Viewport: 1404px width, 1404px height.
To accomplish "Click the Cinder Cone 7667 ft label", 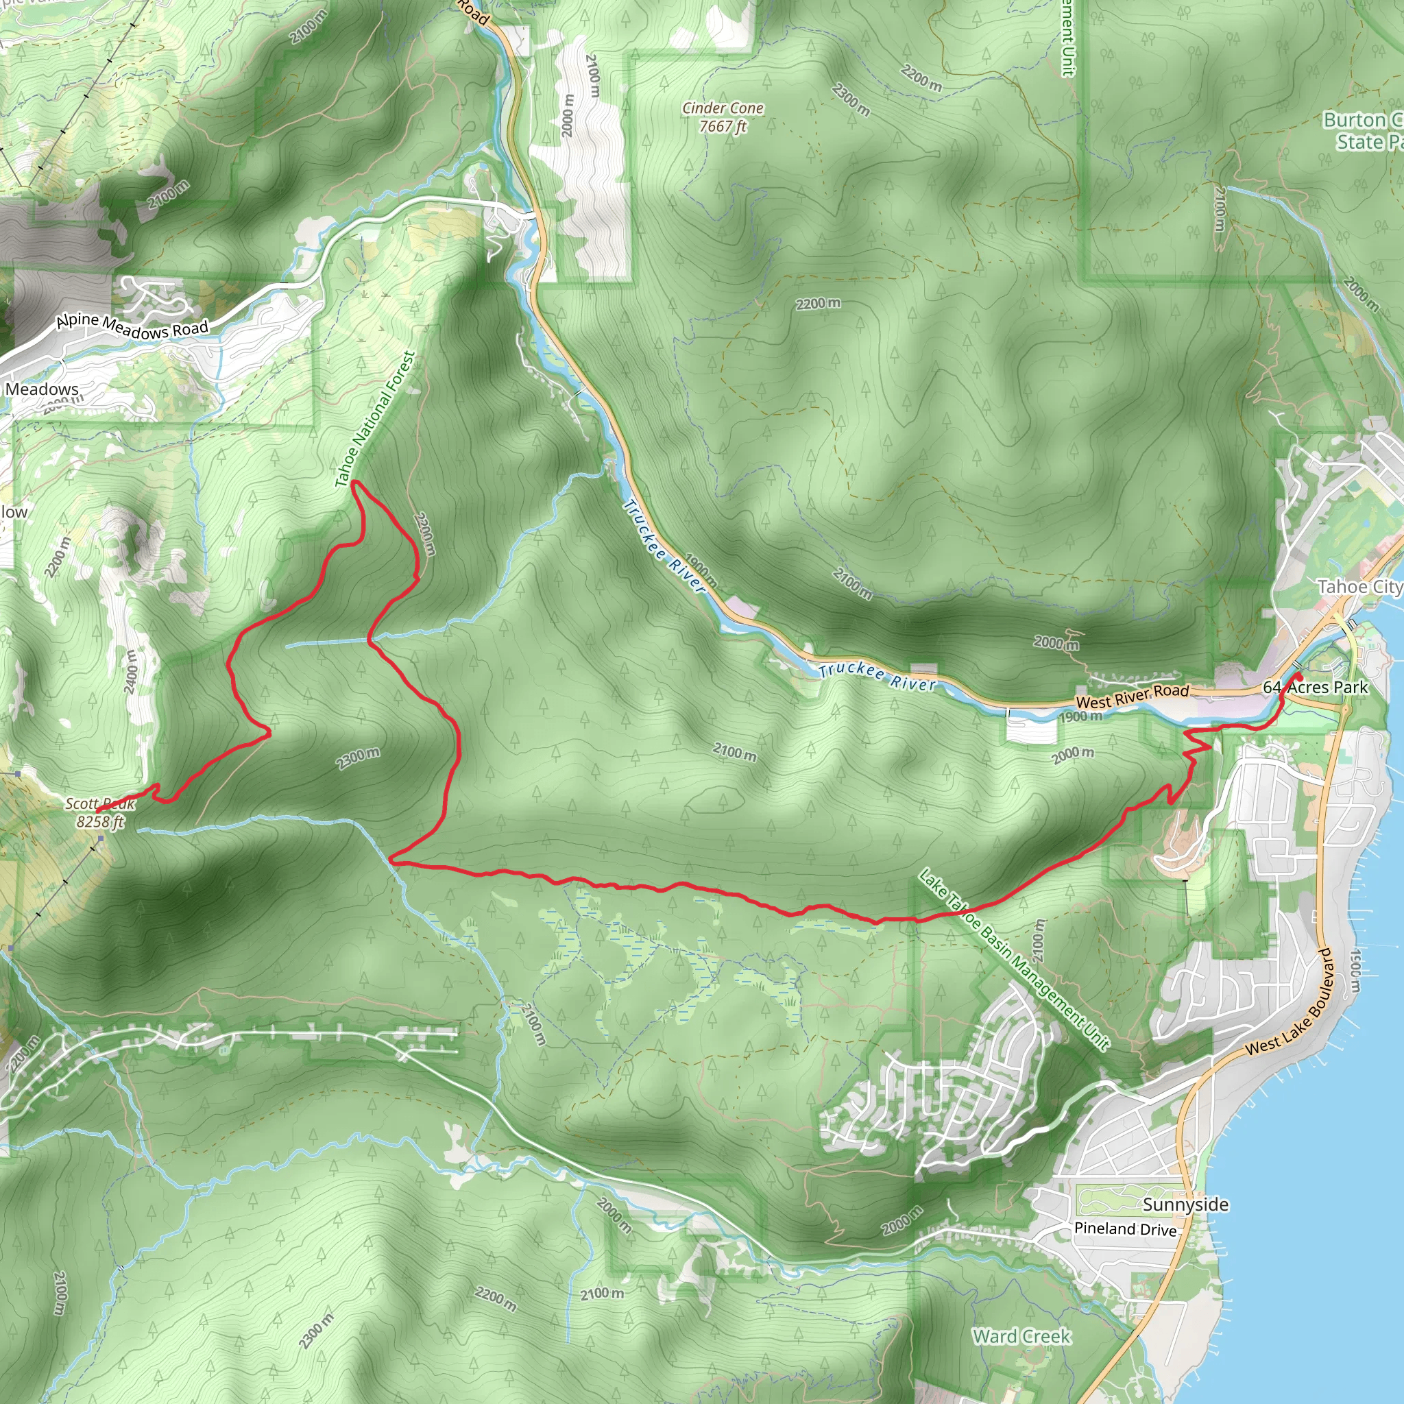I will (x=723, y=117).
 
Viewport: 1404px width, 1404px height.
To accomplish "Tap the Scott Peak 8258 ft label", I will (x=100, y=812).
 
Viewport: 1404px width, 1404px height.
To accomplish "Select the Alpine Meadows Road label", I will (x=132, y=326).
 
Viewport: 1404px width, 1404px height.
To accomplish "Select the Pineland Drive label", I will (x=1125, y=1229).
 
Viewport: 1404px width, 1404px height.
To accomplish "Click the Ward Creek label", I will (x=1021, y=1336).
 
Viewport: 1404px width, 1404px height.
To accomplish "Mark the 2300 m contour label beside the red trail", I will (x=358, y=758).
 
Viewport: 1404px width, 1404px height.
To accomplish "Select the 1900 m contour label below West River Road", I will (x=1080, y=716).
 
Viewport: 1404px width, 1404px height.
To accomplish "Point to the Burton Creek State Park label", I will (x=1362, y=131).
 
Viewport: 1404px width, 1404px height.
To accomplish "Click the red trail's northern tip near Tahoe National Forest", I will (x=354, y=483).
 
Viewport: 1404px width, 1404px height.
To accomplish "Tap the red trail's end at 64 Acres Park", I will (x=1298, y=677).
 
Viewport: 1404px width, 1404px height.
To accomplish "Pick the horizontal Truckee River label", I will (x=877, y=677).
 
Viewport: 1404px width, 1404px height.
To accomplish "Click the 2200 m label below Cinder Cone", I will (x=818, y=303).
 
